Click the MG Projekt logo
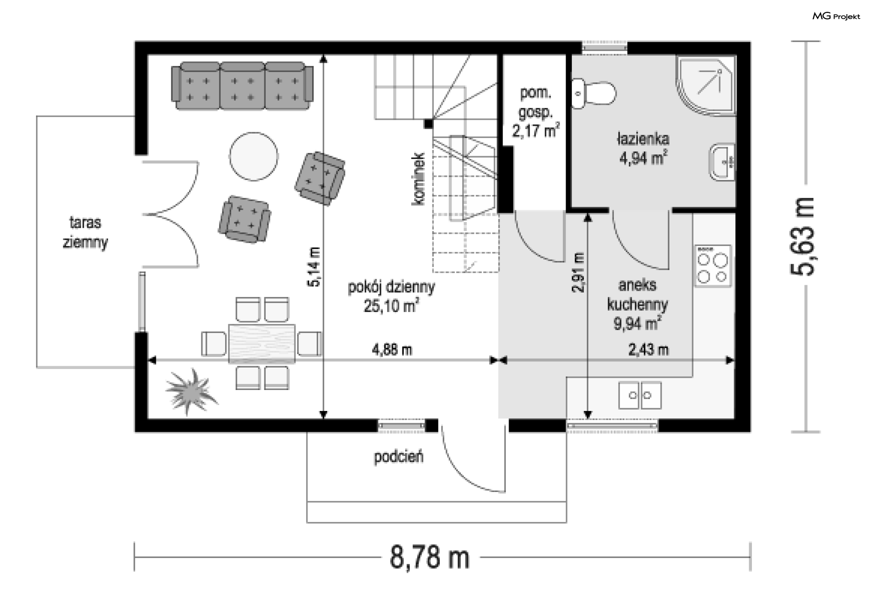pyautogui.click(x=836, y=16)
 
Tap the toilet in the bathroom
pyautogui.click(x=593, y=93)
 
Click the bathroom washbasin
pyautogui.click(x=722, y=162)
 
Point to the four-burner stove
pyautogui.click(x=713, y=266)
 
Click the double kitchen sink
pyautogui.click(x=639, y=395)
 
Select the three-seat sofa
pyautogui.click(x=242, y=86)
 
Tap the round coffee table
pyautogui.click(x=253, y=157)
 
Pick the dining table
pyautogui.click(x=262, y=343)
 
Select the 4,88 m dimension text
pyautogui.click(x=392, y=350)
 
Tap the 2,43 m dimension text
pyautogui.click(x=649, y=350)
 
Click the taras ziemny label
pyautogui.click(x=85, y=232)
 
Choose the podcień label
pyautogui.click(x=399, y=456)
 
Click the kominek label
pyautogui.click(x=418, y=179)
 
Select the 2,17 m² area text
pyautogui.click(x=535, y=131)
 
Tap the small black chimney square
pyautogui.click(x=428, y=123)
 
